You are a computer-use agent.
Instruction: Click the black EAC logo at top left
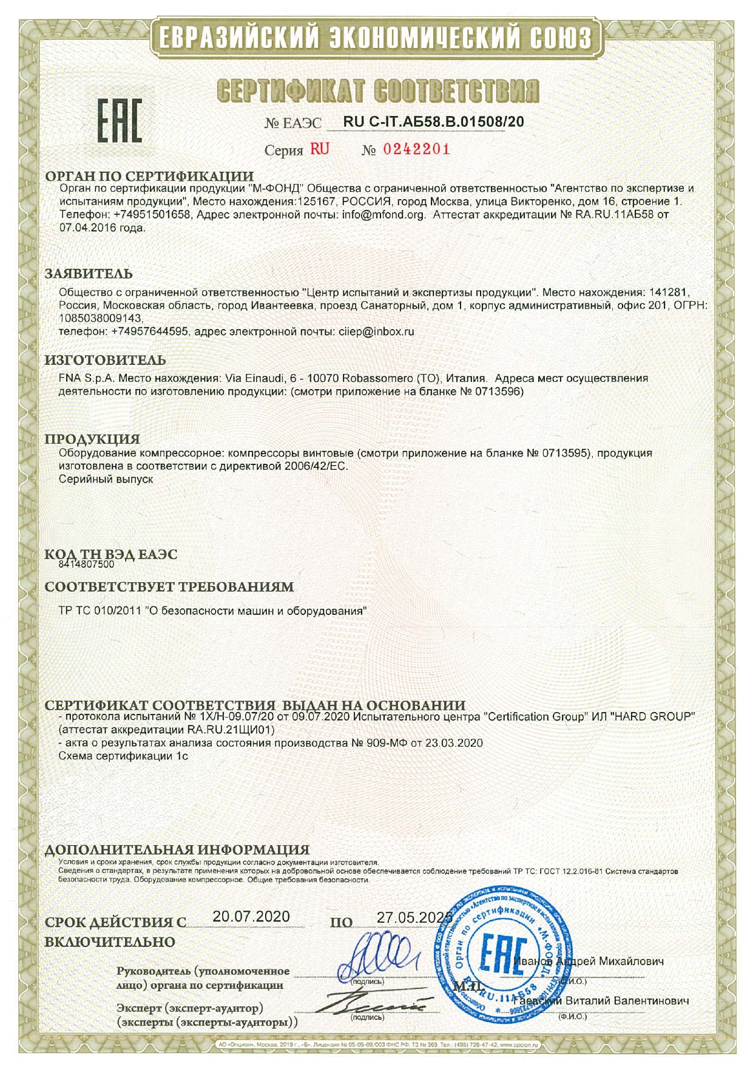pos(120,121)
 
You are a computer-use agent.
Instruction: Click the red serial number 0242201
pos(416,149)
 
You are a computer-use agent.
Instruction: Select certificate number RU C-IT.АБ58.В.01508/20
pos(433,122)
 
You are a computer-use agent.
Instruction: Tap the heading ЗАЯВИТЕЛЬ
pos(89,274)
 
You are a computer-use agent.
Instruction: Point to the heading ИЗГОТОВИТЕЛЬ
pos(105,361)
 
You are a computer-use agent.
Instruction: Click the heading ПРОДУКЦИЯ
pos(92,439)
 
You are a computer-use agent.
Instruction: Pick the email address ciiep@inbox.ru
pos(376,331)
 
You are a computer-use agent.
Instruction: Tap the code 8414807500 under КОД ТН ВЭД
pos(87,564)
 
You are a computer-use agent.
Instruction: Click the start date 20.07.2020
pos(251,917)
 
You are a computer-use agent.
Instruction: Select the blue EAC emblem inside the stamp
pos(507,956)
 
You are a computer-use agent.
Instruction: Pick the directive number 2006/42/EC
pos(316,466)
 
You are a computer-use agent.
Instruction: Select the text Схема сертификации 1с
pos(123,756)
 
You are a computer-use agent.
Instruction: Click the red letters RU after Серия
pos(320,149)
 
